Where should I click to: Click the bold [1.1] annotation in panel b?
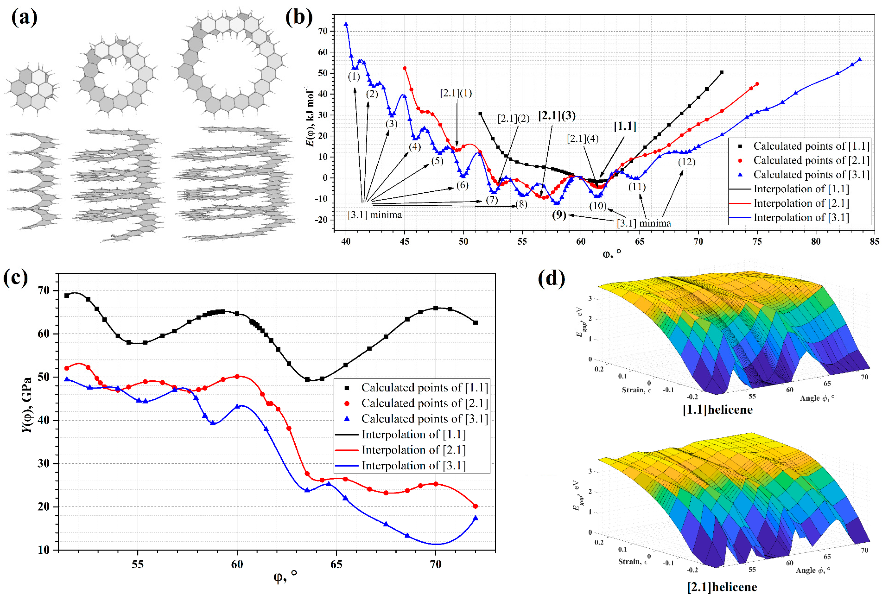click(625, 126)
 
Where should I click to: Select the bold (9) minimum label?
click(559, 215)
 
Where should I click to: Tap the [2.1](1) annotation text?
click(456, 93)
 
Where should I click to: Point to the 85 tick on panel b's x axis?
click(874, 242)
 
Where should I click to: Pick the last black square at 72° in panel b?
click(722, 72)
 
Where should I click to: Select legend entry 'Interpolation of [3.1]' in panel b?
click(801, 218)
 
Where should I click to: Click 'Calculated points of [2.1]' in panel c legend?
click(424, 403)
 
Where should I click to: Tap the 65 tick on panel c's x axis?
click(336, 564)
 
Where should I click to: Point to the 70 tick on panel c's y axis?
click(44, 290)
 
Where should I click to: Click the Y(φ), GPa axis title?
click(27, 405)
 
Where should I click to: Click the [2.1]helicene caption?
click(722, 587)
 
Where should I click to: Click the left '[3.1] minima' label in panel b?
click(374, 215)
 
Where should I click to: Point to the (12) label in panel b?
click(686, 162)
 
